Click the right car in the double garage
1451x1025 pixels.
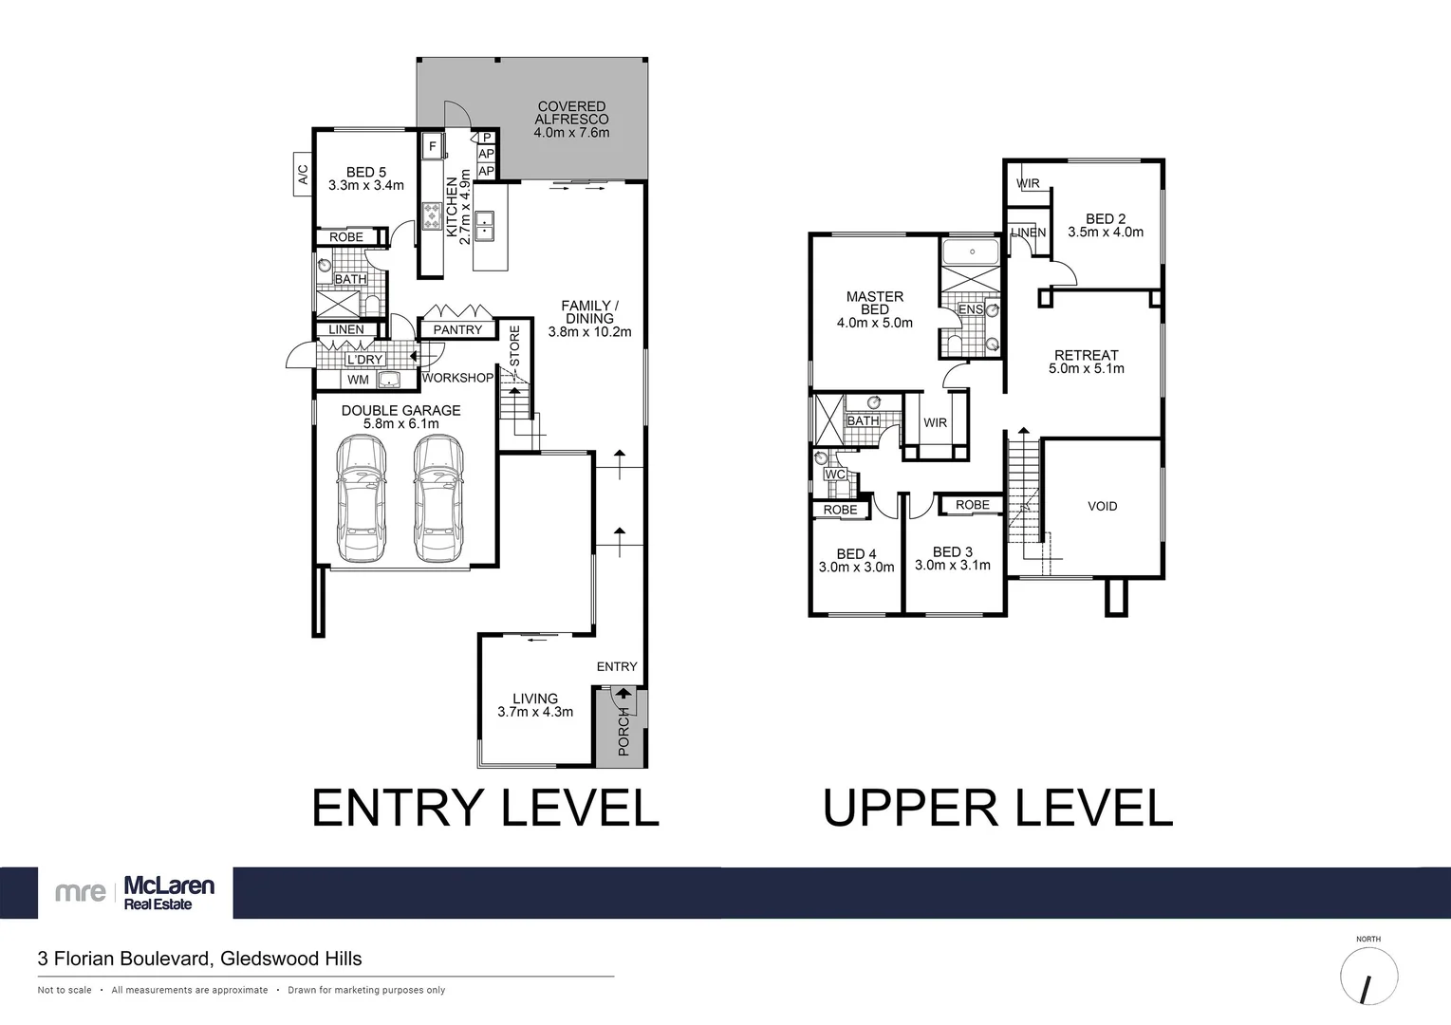(438, 499)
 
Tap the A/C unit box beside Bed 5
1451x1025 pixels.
(304, 175)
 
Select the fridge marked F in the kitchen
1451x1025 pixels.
(433, 146)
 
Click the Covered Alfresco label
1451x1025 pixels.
(571, 120)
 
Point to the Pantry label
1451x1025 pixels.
(457, 329)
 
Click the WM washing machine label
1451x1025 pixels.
(358, 380)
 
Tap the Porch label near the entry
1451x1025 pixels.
(623, 731)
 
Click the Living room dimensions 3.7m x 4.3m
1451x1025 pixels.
(535, 712)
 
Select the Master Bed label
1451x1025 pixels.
(874, 303)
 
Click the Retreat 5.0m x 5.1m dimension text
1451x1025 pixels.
(1086, 368)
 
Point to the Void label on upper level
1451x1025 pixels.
(1102, 506)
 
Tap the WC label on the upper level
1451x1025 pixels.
(834, 475)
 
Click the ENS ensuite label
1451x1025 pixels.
(970, 309)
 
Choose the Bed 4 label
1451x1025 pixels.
(856, 553)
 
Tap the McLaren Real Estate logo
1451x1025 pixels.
(135, 892)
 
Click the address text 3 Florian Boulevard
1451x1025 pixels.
(199, 959)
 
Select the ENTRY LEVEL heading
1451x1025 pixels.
(485, 809)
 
